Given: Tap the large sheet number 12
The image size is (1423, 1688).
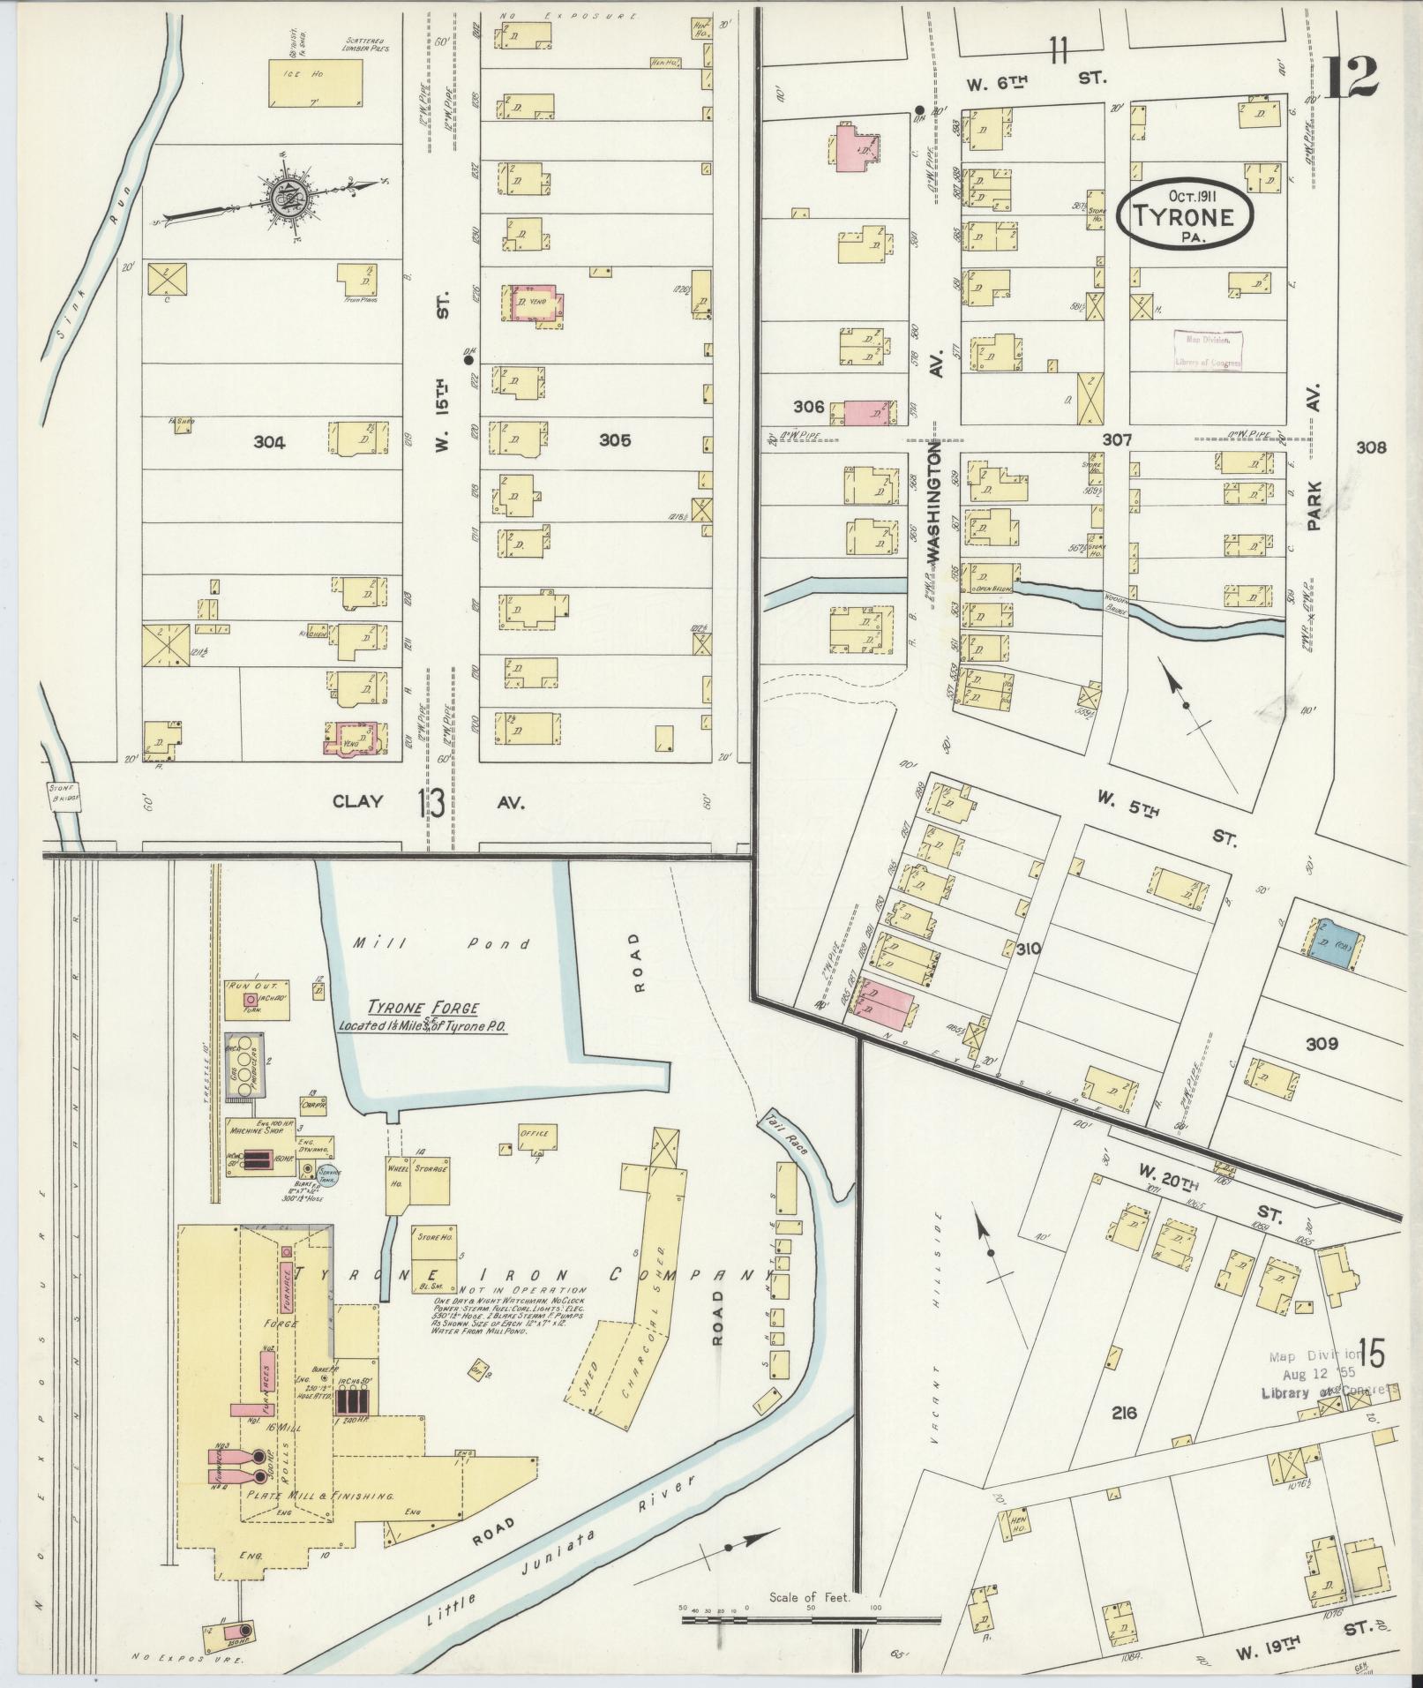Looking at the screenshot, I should click(1350, 77).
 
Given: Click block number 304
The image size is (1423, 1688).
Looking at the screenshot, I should click(269, 443).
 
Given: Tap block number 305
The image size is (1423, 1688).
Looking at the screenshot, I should click(614, 440).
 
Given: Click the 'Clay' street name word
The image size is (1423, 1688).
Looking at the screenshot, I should click(357, 801).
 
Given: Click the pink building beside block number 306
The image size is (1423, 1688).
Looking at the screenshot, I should click(867, 412).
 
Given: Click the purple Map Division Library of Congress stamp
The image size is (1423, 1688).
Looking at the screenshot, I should click(1209, 350).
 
